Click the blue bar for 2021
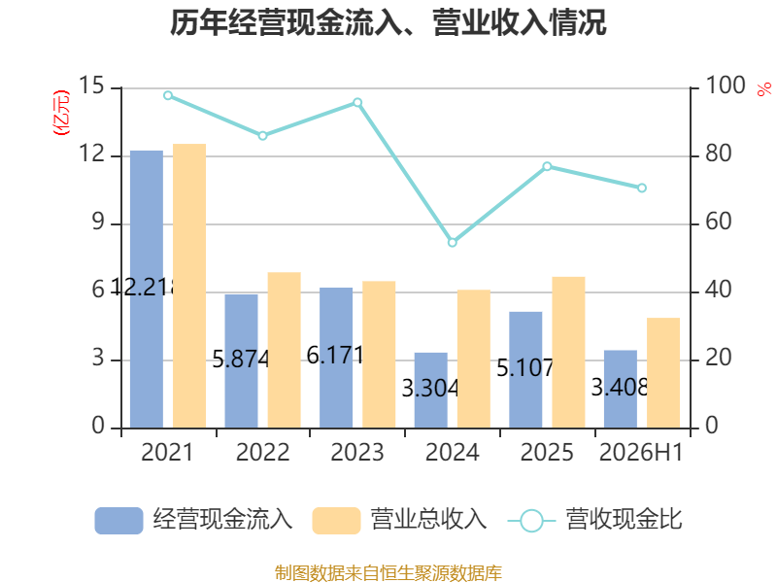147,289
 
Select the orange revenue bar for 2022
284,350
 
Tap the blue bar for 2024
430,391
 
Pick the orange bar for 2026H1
663,373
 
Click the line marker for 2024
453,242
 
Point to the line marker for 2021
168,95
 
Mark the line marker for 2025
547,166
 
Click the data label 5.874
241,359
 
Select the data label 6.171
335,355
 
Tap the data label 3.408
620,387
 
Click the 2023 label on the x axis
357,452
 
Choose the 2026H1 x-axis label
641,452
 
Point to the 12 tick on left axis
92,154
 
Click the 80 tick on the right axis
718,154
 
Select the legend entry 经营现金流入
193,520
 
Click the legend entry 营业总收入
399,520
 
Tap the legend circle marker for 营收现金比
531,521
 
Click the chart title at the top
388,22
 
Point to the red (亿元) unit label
61,113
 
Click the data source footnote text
388,573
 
